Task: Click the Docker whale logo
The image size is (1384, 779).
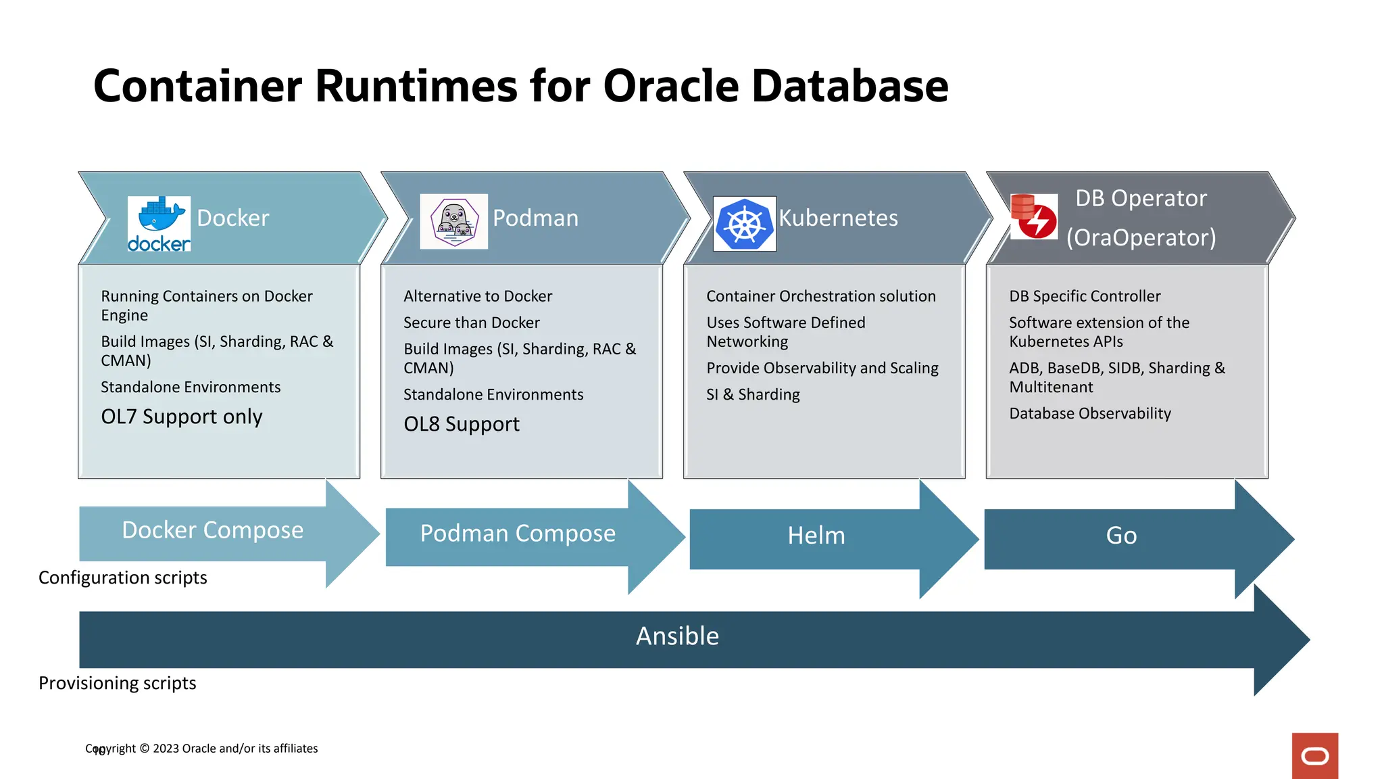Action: (159, 223)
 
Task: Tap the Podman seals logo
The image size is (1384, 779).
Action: (454, 222)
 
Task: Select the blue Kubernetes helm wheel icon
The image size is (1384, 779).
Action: (745, 224)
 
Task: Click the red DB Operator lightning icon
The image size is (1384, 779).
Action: (1034, 216)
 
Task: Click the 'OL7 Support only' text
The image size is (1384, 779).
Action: (182, 417)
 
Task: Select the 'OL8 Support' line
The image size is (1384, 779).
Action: (462, 424)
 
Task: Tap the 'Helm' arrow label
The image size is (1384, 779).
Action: (816, 536)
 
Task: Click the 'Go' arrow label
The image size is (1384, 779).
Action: (1121, 536)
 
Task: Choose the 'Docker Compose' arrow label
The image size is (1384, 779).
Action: (212, 530)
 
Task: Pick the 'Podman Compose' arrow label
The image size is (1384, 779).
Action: (518, 534)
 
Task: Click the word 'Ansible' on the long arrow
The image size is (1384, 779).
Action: (677, 636)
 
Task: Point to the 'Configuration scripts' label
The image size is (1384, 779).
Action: (123, 577)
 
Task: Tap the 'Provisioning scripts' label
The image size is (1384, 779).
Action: (118, 683)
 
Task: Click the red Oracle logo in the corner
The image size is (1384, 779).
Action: (1314, 756)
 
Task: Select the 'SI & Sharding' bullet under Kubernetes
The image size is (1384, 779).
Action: (753, 394)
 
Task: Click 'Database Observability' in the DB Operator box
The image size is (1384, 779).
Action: (1089, 413)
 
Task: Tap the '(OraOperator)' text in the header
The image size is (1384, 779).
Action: (1141, 237)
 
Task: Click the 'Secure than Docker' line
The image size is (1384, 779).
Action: (472, 323)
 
